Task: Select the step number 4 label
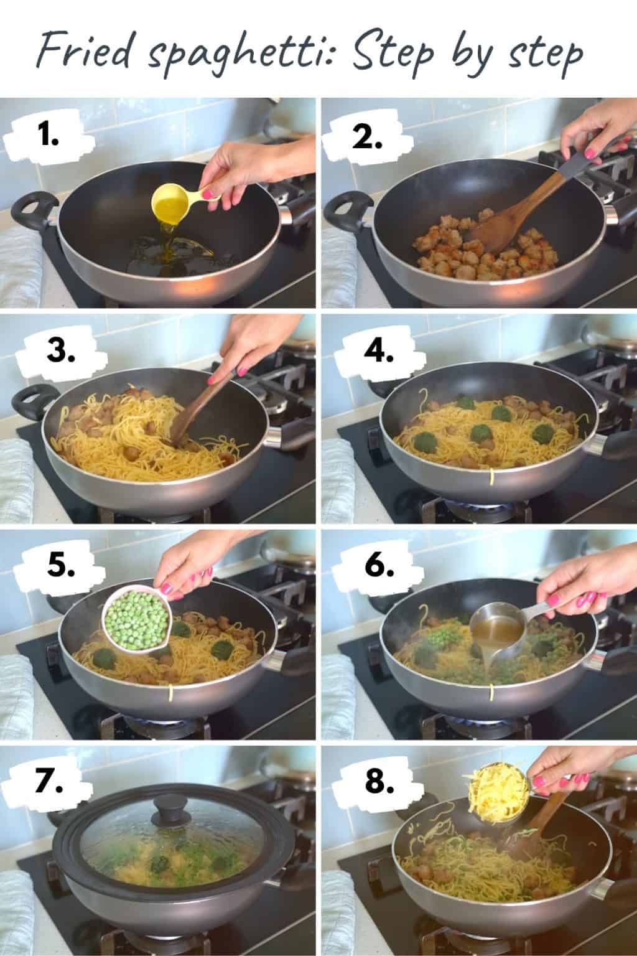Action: tap(379, 353)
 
